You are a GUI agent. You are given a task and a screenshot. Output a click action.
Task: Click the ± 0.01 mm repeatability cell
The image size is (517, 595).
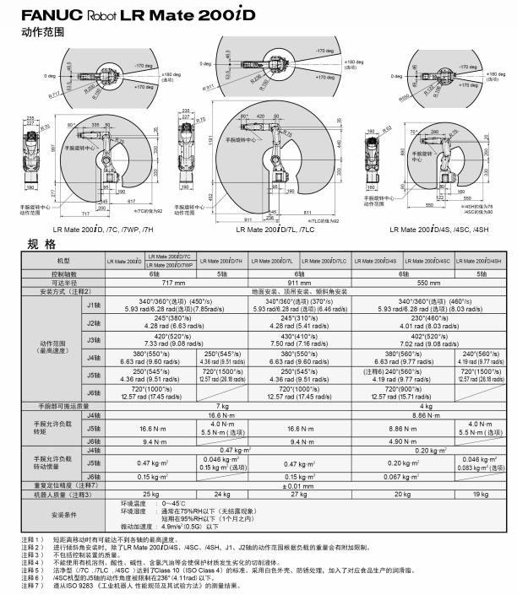(302, 486)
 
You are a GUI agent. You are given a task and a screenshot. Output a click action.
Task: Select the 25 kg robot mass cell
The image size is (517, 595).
(150, 495)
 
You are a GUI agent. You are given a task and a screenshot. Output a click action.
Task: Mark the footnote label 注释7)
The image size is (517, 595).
(20, 584)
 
